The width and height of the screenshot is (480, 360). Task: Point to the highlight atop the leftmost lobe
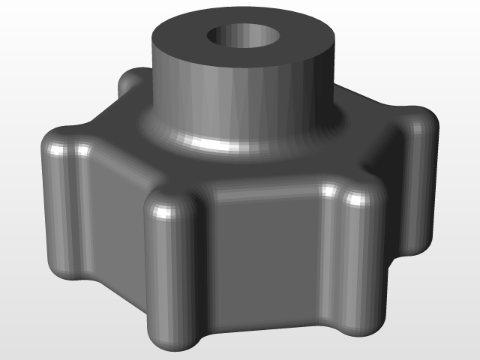tap(57, 150)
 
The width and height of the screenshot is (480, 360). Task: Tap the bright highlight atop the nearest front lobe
tap(161, 210)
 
